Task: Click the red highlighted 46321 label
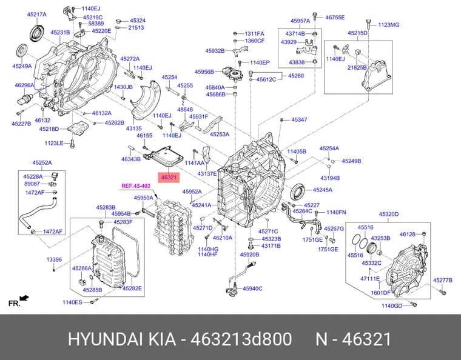click(x=169, y=177)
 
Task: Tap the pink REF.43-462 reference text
click(x=136, y=186)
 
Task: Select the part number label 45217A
click(x=37, y=15)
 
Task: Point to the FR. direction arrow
click(x=25, y=298)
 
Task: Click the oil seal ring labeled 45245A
click(x=298, y=190)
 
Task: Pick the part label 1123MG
click(x=388, y=25)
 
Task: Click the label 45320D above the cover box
click(x=389, y=215)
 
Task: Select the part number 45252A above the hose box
click(x=42, y=162)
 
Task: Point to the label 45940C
click(x=252, y=288)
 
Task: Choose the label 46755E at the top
click(x=335, y=18)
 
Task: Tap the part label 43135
click(x=134, y=128)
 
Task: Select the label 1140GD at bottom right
click(x=392, y=306)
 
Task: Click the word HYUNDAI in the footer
click(x=106, y=339)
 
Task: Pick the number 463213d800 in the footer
click(x=241, y=339)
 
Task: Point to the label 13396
click(x=54, y=259)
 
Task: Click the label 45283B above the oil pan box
click(x=106, y=208)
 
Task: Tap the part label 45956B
click(x=204, y=72)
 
